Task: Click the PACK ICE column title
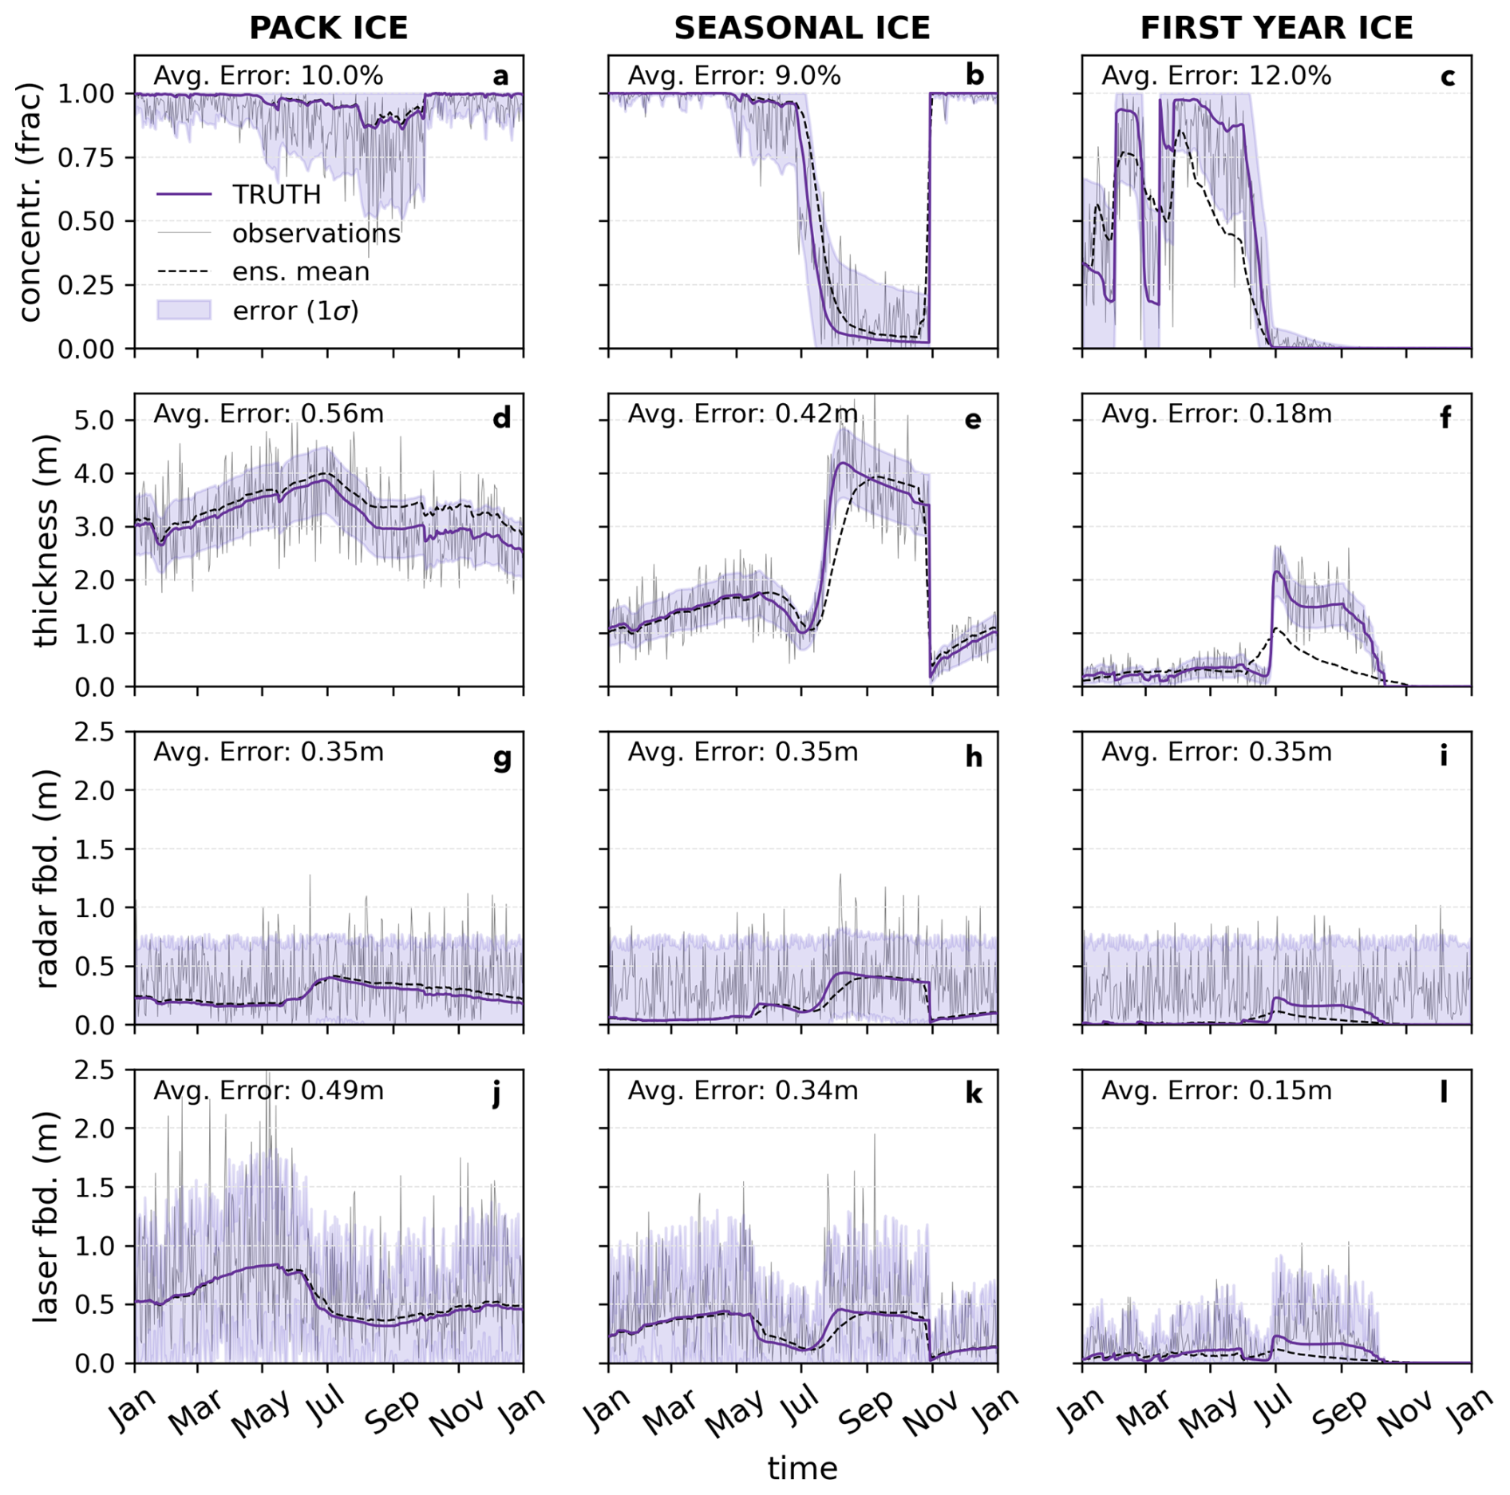(328, 29)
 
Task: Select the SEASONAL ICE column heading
(801, 29)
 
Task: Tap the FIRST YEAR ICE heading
(1275, 29)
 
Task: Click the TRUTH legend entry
(276, 195)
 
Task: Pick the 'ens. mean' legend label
(301, 271)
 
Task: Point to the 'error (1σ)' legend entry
(295, 310)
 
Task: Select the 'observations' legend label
(316, 233)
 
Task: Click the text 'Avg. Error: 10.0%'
(268, 76)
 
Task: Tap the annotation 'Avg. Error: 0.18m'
(1216, 413)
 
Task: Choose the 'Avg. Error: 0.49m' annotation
(268, 1090)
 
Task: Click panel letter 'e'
(973, 418)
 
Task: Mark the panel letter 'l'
(1443, 1092)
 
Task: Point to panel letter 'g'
(502, 757)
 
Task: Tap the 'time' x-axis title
(802, 1468)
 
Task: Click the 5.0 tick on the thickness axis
(94, 421)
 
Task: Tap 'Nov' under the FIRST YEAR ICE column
(1406, 1410)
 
